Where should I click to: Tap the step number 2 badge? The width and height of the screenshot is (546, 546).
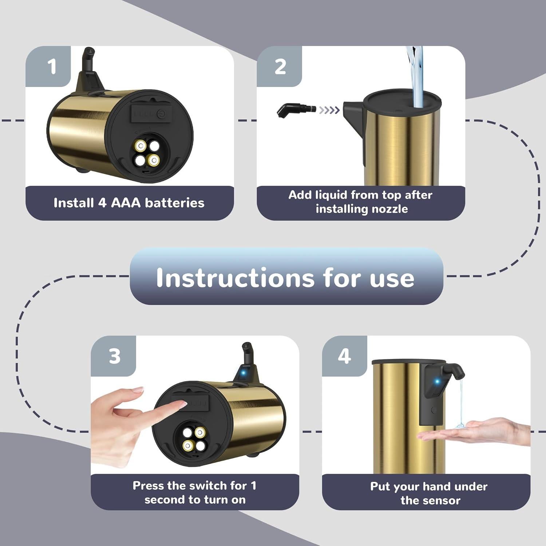[280, 66]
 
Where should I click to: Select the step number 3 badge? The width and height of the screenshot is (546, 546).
[114, 356]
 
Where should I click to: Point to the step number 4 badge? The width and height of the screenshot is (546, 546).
[344, 356]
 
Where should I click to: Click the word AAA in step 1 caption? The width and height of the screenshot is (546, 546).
[126, 203]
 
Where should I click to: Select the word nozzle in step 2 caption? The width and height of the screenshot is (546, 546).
[389, 209]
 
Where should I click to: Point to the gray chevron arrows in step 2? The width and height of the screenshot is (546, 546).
[329, 110]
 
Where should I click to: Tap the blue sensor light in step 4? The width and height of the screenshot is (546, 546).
[437, 382]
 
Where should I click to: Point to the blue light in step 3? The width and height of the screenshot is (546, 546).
[244, 373]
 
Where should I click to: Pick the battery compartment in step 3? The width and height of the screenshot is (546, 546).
[194, 438]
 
